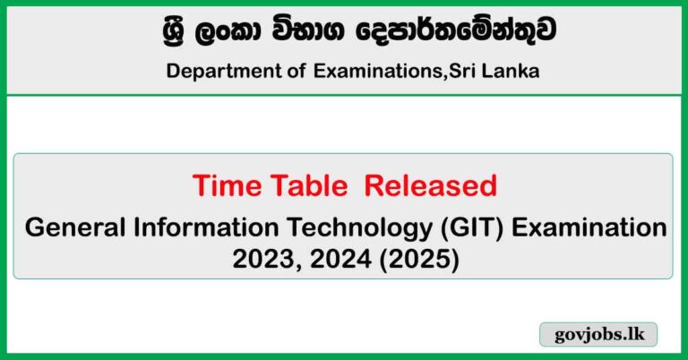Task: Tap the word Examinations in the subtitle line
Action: (x=371, y=71)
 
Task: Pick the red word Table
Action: (x=300, y=185)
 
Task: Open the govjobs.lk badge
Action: (x=598, y=335)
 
